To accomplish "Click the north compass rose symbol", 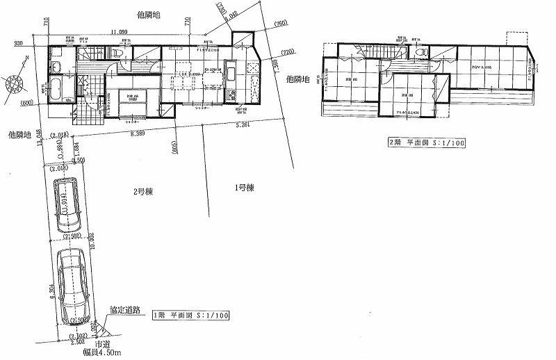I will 15,85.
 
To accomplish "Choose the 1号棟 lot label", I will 243,187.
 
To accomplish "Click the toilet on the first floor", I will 118,54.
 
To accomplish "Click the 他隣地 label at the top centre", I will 149,13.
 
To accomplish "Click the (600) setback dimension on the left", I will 28,104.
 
